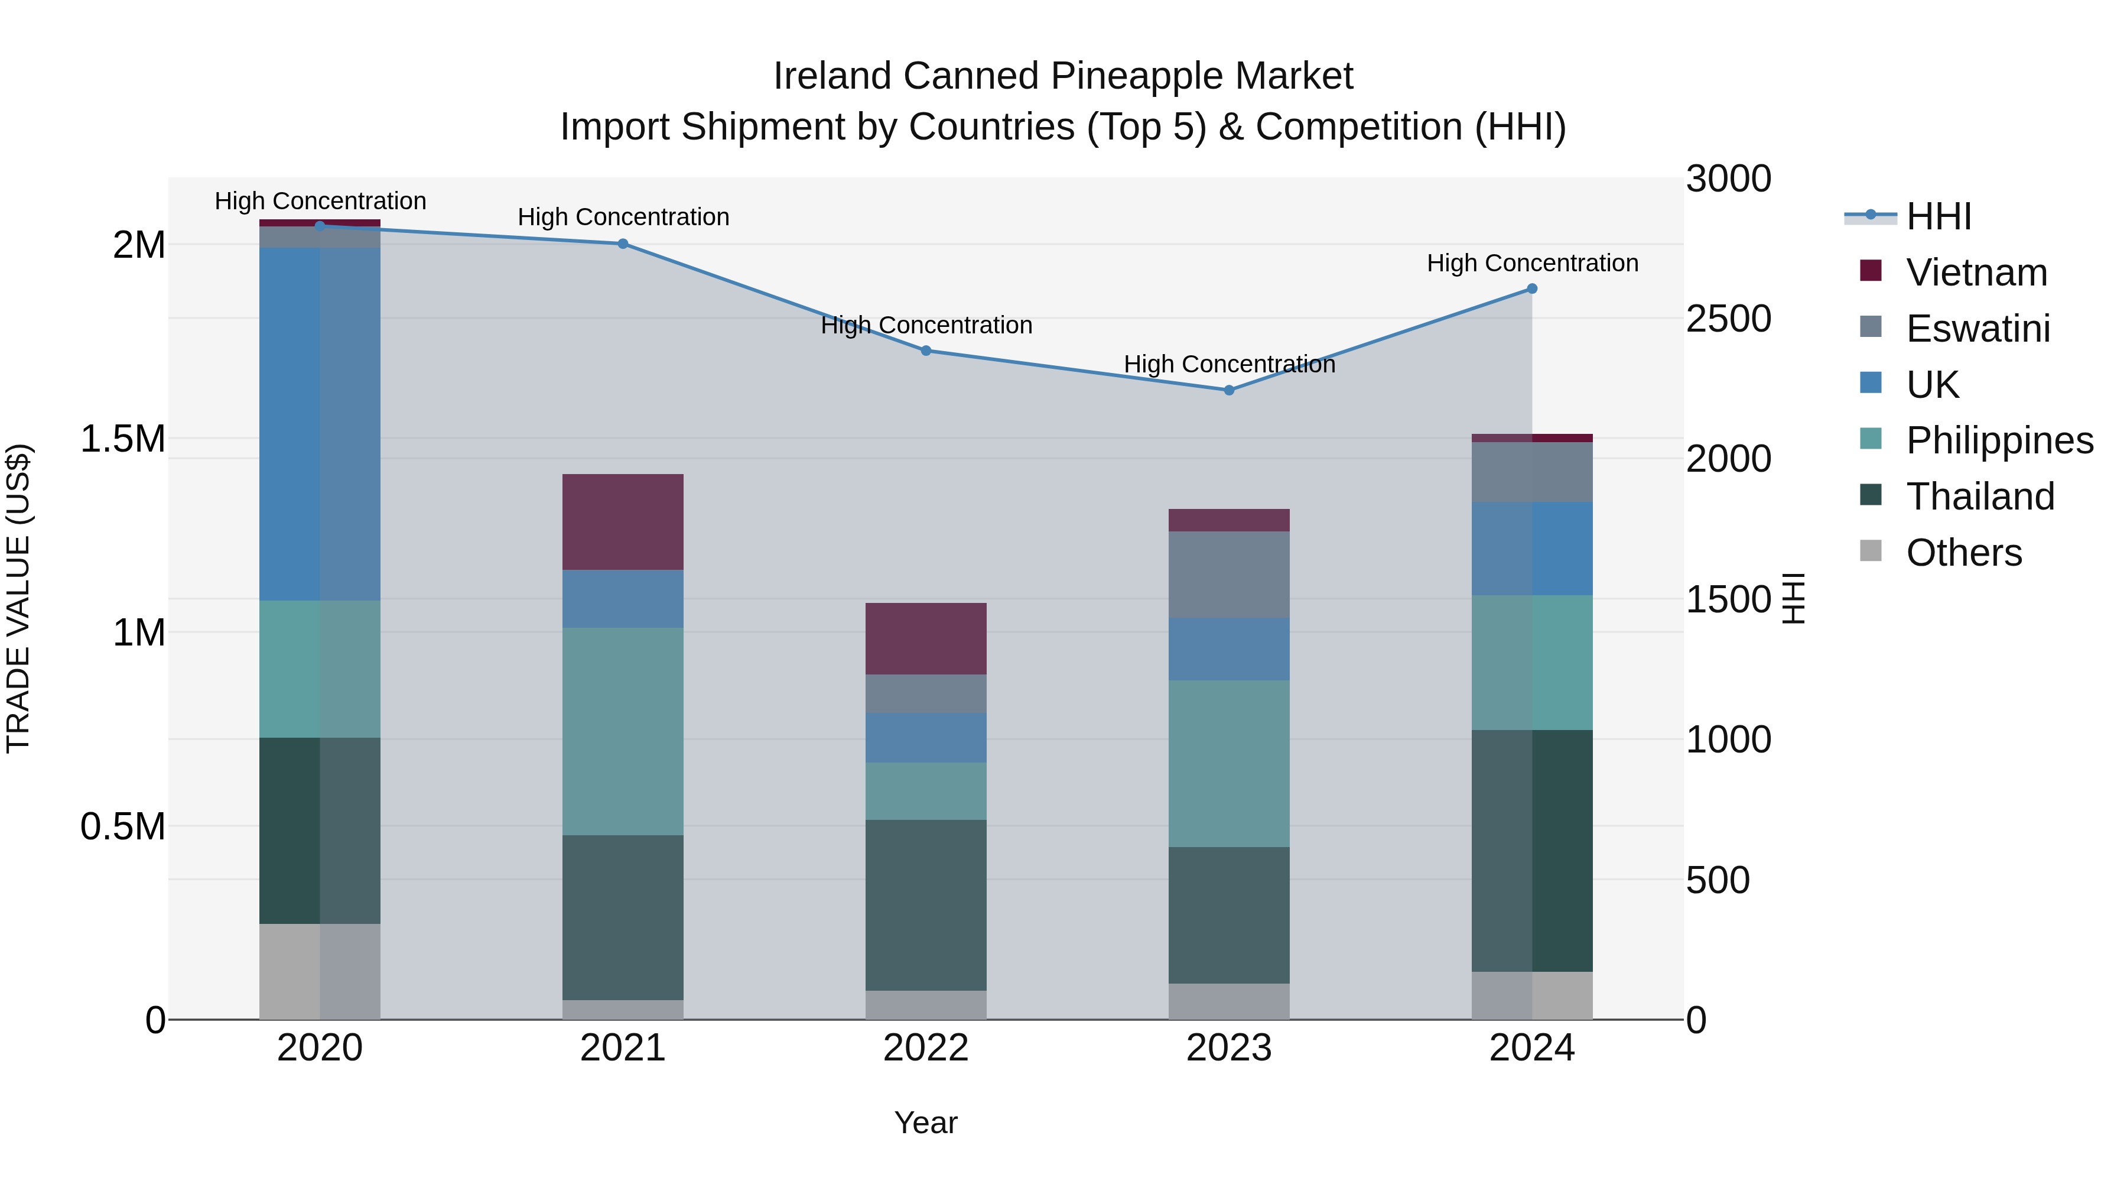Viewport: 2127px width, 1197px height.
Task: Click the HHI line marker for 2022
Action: click(x=926, y=351)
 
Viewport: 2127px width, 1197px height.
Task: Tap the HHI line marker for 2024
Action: click(x=1531, y=288)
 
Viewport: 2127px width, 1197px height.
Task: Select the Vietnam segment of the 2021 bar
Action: click(x=623, y=521)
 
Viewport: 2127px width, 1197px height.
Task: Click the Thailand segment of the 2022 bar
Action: click(x=926, y=904)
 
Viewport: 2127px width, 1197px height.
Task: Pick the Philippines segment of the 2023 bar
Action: click(x=1229, y=763)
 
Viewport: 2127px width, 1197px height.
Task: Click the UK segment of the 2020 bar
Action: click(x=320, y=423)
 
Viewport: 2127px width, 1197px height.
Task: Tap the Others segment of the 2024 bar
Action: click(x=1531, y=995)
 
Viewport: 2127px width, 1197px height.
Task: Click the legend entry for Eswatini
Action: click(x=1978, y=329)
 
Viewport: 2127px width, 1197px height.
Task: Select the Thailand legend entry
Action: click(x=1979, y=497)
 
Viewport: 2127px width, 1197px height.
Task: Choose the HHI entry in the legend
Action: click(x=1938, y=216)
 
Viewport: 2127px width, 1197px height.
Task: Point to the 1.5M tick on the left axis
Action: click(x=122, y=439)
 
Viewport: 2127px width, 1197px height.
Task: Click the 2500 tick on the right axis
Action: click(x=1728, y=319)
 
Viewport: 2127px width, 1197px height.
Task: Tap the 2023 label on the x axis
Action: click(x=1229, y=1048)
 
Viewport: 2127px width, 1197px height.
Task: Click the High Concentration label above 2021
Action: click(x=623, y=218)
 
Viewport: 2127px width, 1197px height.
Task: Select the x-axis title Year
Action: click(x=926, y=1123)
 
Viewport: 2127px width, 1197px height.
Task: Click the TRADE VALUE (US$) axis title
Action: click(x=18, y=598)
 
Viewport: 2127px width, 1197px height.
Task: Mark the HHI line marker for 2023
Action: click(x=1229, y=390)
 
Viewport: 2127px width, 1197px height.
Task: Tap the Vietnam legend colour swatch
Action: click(x=1870, y=270)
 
